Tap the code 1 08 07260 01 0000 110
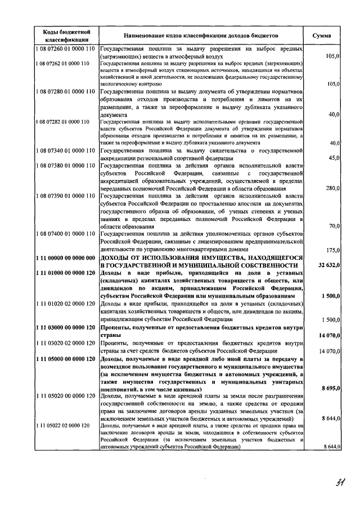coord(65,49)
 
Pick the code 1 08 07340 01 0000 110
coord(65,150)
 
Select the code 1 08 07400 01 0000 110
coord(65,233)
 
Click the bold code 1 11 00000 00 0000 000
coord(65,257)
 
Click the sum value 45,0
coord(334,157)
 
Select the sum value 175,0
coord(333,250)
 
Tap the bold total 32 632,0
coord(328,264)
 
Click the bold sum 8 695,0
coord(330,389)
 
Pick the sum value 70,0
coord(334,226)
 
